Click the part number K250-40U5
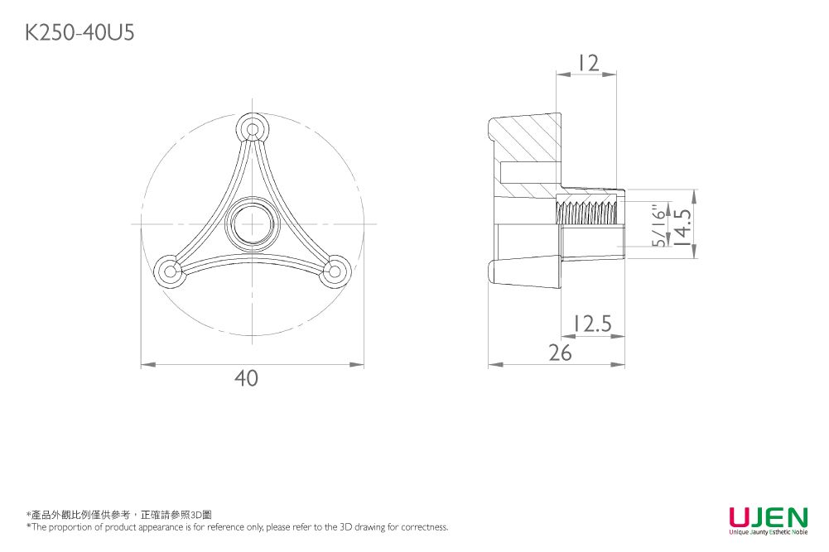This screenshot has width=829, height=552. pyautogui.click(x=80, y=33)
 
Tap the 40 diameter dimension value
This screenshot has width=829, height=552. pyautogui.click(x=246, y=378)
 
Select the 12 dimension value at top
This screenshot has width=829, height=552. pyautogui.click(x=588, y=63)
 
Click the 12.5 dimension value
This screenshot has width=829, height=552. pyautogui.click(x=593, y=324)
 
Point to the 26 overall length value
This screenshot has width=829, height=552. pyautogui.click(x=561, y=353)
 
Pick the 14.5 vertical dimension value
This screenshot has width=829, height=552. pyautogui.click(x=682, y=227)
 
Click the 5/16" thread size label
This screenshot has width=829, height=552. pyautogui.click(x=659, y=226)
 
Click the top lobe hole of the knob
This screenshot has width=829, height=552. pyautogui.click(x=253, y=129)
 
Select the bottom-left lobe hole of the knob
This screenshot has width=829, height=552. pyautogui.click(x=171, y=271)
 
